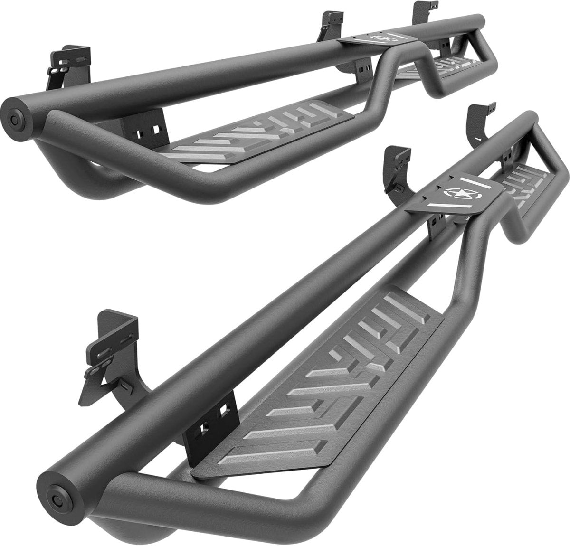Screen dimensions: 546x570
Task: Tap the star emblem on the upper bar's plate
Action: tap(379, 38)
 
